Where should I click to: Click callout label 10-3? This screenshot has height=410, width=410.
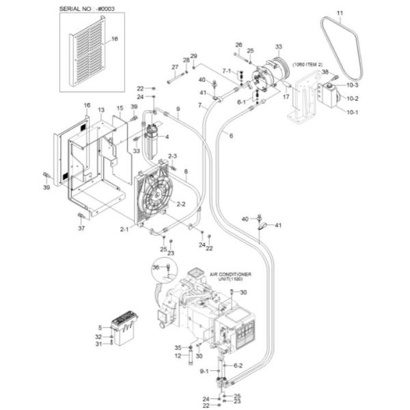pos(353,85)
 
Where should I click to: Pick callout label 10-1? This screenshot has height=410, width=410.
pos(353,112)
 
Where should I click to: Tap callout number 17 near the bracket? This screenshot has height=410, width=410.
pos(286,97)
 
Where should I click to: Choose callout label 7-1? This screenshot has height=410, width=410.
pos(227,71)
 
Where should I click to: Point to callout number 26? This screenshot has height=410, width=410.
pos(239,44)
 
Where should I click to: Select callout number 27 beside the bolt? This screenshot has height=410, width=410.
pos(175,67)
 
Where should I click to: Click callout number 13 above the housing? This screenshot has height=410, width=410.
pos(100,110)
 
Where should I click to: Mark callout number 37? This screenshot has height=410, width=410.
pos(81,228)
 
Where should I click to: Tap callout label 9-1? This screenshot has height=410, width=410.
pos(204,371)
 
